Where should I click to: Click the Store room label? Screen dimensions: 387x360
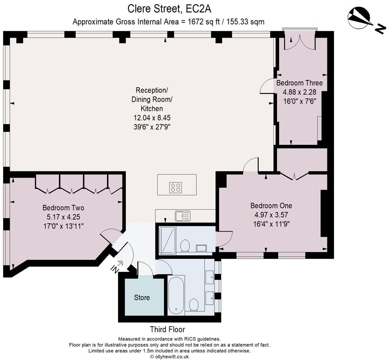point(142,298)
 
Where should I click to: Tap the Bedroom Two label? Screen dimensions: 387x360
point(63,208)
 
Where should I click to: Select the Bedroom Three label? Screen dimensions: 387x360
point(299,83)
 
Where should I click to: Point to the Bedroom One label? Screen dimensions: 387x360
point(271,206)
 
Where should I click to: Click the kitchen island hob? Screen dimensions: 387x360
point(176,187)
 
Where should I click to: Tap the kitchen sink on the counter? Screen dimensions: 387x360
point(183,216)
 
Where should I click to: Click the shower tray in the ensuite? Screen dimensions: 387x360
point(168,240)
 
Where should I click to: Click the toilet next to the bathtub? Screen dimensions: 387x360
point(194,305)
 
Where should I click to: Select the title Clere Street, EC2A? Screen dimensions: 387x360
point(169,9)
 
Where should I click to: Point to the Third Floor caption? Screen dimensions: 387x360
point(168,329)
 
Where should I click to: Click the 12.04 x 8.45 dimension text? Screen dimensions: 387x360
point(152,118)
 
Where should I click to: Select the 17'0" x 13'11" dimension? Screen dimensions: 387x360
point(63,226)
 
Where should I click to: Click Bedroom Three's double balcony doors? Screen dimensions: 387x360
point(299,42)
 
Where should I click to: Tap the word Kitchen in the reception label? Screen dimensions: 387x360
point(152,108)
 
